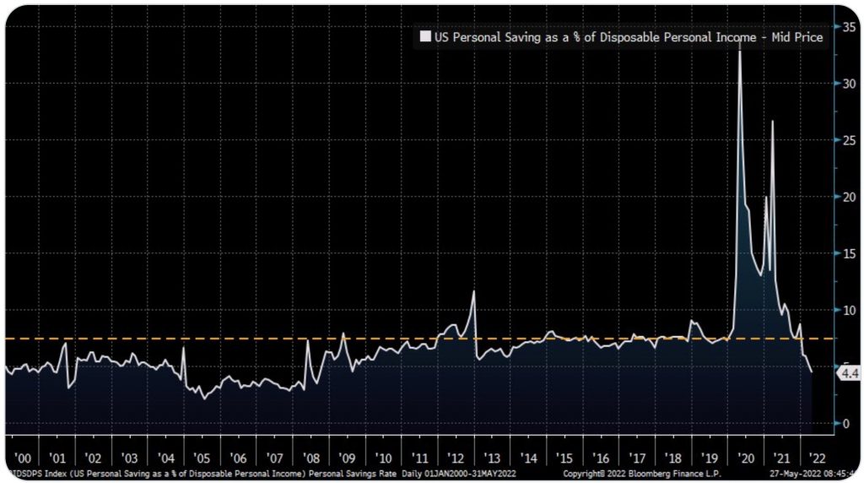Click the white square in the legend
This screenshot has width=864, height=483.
click(x=425, y=37)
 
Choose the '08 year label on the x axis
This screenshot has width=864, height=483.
click(x=310, y=457)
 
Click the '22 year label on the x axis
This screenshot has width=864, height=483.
click(x=818, y=457)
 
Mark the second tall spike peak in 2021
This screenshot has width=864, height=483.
click(x=772, y=122)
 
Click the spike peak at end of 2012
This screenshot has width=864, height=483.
click(x=474, y=292)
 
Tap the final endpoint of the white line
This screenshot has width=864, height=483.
click(x=812, y=372)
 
